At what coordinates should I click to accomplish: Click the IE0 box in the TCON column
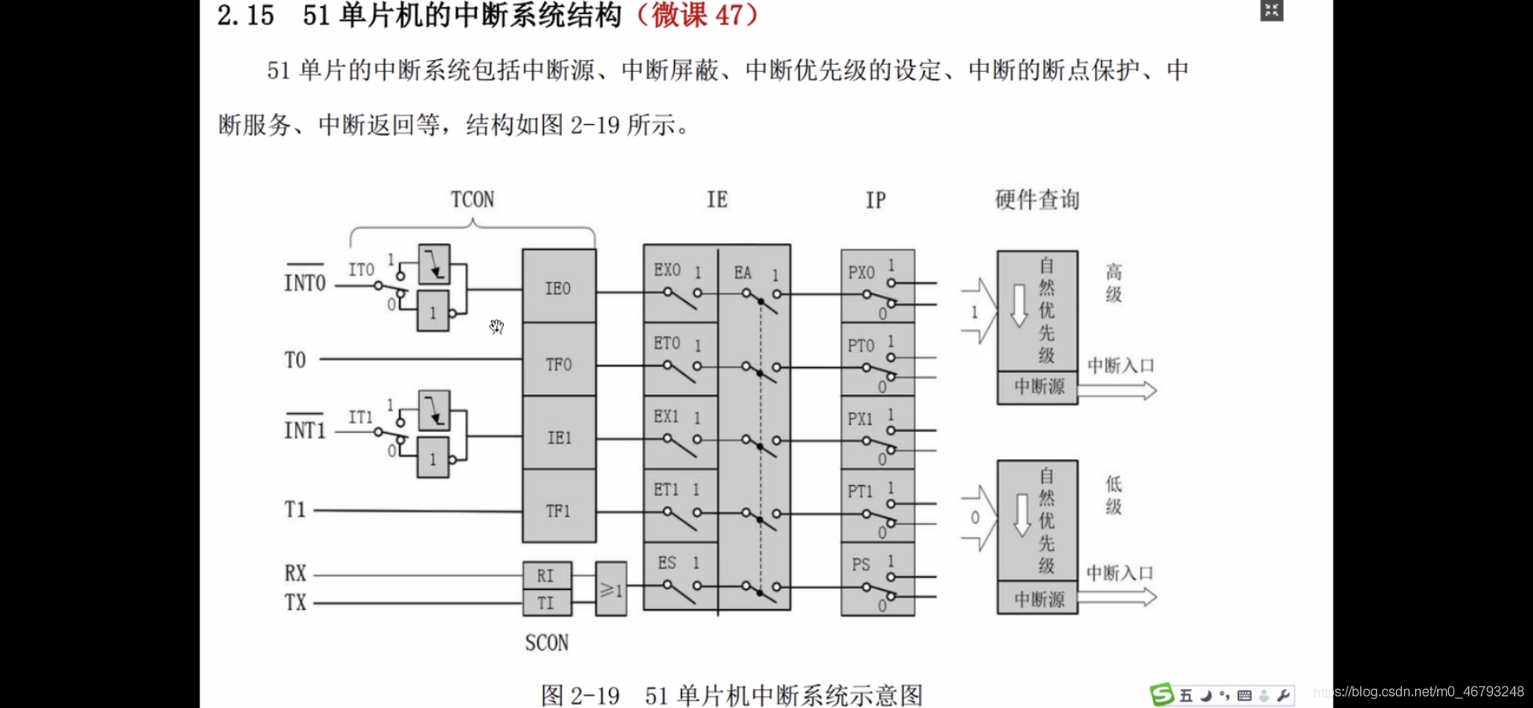[x=559, y=287]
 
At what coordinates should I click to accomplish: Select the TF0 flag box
[x=559, y=363]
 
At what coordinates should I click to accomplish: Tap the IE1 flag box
[x=559, y=437]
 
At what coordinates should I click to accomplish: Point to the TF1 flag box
[x=559, y=510]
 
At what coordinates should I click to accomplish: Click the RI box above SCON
[x=546, y=575]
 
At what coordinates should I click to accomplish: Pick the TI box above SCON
[x=546, y=603]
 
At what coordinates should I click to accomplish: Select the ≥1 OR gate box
[x=611, y=589]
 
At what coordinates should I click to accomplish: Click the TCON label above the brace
[x=472, y=199]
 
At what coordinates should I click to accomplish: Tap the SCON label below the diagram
[x=547, y=642]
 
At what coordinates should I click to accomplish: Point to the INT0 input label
[x=305, y=282]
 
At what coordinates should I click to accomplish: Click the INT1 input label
[x=305, y=429]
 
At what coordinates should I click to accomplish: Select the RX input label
[x=295, y=573]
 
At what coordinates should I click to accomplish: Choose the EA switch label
[x=743, y=273]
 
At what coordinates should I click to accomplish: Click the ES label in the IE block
[x=667, y=563]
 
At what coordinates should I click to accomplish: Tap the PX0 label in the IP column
[x=861, y=273]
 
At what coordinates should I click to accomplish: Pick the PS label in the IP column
[x=861, y=564]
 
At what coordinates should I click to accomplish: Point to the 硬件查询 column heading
[x=1037, y=199]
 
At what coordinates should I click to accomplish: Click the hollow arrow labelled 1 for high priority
[x=979, y=312]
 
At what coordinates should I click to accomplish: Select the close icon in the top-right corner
[x=1271, y=10]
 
